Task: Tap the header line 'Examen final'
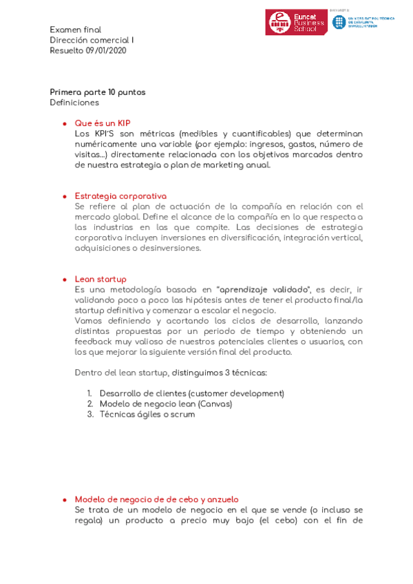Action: click(75, 30)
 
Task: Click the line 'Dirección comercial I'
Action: click(92, 40)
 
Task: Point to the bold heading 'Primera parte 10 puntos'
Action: click(97, 92)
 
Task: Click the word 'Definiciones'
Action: click(74, 103)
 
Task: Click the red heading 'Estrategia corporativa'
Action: click(120, 196)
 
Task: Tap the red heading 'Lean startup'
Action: click(100, 279)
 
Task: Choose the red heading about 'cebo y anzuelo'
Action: click(156, 499)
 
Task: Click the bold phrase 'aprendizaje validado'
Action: click(264, 289)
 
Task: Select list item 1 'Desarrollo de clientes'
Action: click(191, 393)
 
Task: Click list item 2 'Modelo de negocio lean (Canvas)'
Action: click(165, 404)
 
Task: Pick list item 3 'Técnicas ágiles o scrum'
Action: click(147, 414)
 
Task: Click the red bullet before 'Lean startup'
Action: click(64, 280)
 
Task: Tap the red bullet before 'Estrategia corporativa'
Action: click(64, 197)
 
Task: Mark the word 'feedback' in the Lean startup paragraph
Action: click(94, 342)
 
